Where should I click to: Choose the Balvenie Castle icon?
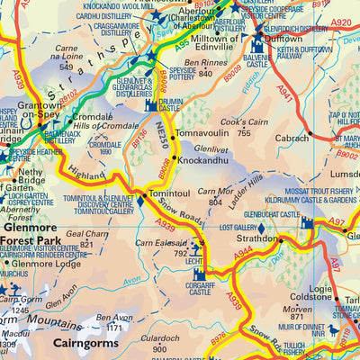pyautogui.click(x=258, y=42)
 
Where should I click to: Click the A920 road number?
pyautogui.click(x=340, y=23)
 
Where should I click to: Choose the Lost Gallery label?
pyautogui.click(x=236, y=228)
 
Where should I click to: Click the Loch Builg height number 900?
pyautogui.click(x=159, y=349)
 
